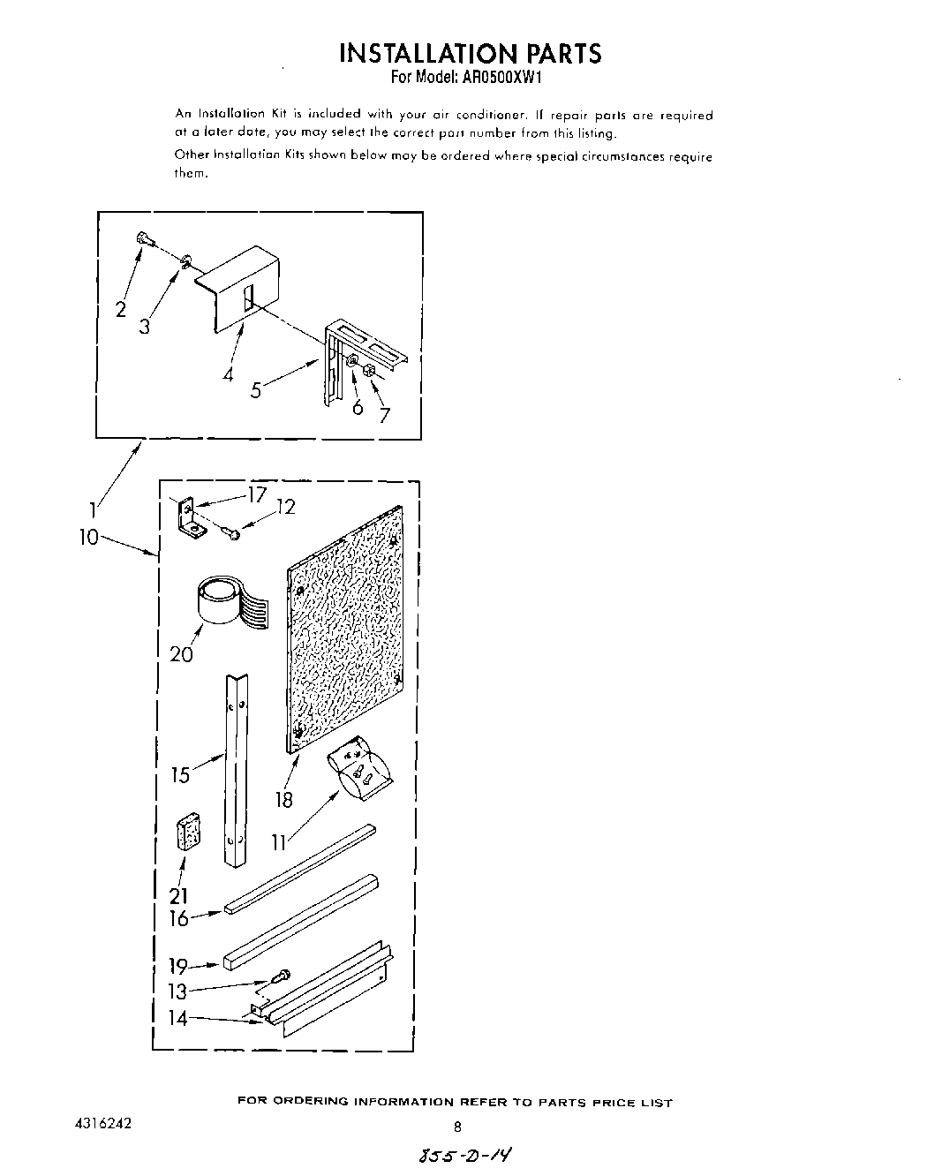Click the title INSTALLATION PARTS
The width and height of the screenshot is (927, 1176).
(470, 53)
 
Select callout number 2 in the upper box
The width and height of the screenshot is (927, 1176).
(121, 309)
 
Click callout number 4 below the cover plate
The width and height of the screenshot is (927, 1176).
(229, 373)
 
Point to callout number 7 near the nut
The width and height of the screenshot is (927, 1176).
(384, 415)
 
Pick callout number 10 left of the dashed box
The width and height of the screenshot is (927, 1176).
(89, 536)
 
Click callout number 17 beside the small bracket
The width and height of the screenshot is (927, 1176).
(256, 496)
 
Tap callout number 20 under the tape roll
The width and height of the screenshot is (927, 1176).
(182, 653)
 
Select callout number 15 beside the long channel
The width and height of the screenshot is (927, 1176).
(181, 775)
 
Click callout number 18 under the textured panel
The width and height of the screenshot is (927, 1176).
(283, 801)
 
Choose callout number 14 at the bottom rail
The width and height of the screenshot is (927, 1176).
(178, 1018)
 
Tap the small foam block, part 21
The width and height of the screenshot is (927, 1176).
(188, 833)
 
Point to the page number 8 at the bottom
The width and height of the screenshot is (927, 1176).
(457, 1127)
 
